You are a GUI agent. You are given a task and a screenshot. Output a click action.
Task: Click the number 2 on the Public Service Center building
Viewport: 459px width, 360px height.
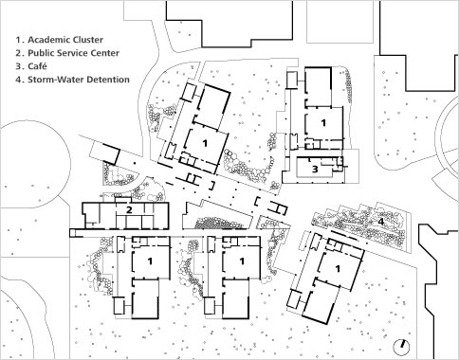click(x=128, y=209)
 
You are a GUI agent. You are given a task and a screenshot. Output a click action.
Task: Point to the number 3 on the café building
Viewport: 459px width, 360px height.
click(x=314, y=169)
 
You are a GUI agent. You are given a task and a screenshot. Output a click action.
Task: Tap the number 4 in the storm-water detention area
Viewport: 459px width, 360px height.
click(x=380, y=221)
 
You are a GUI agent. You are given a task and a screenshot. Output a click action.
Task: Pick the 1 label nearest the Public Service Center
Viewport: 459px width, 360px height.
click(x=151, y=260)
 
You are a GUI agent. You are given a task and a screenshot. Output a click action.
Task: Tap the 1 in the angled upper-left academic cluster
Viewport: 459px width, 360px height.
click(x=205, y=141)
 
